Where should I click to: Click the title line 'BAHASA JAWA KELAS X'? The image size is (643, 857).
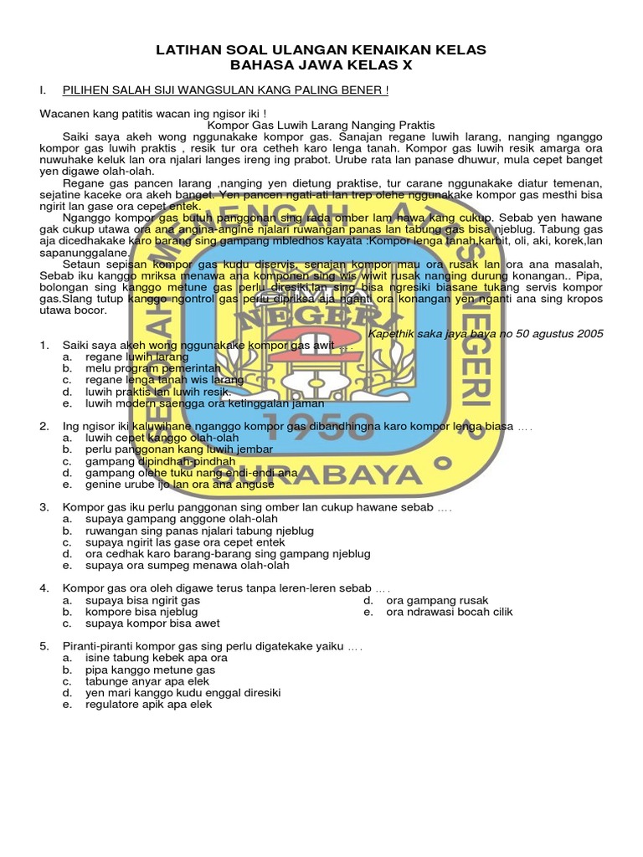(x=321, y=65)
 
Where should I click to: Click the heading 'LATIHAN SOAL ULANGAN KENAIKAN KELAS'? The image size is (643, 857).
(x=321, y=51)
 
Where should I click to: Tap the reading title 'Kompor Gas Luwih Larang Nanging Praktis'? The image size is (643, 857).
(x=321, y=125)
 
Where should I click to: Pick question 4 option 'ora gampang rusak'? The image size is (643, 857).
(x=437, y=601)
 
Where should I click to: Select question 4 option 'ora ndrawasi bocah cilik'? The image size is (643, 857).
(x=450, y=612)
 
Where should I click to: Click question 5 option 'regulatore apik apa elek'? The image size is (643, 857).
(x=148, y=705)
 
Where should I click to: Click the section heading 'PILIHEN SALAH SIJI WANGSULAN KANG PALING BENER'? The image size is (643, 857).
(x=225, y=89)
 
